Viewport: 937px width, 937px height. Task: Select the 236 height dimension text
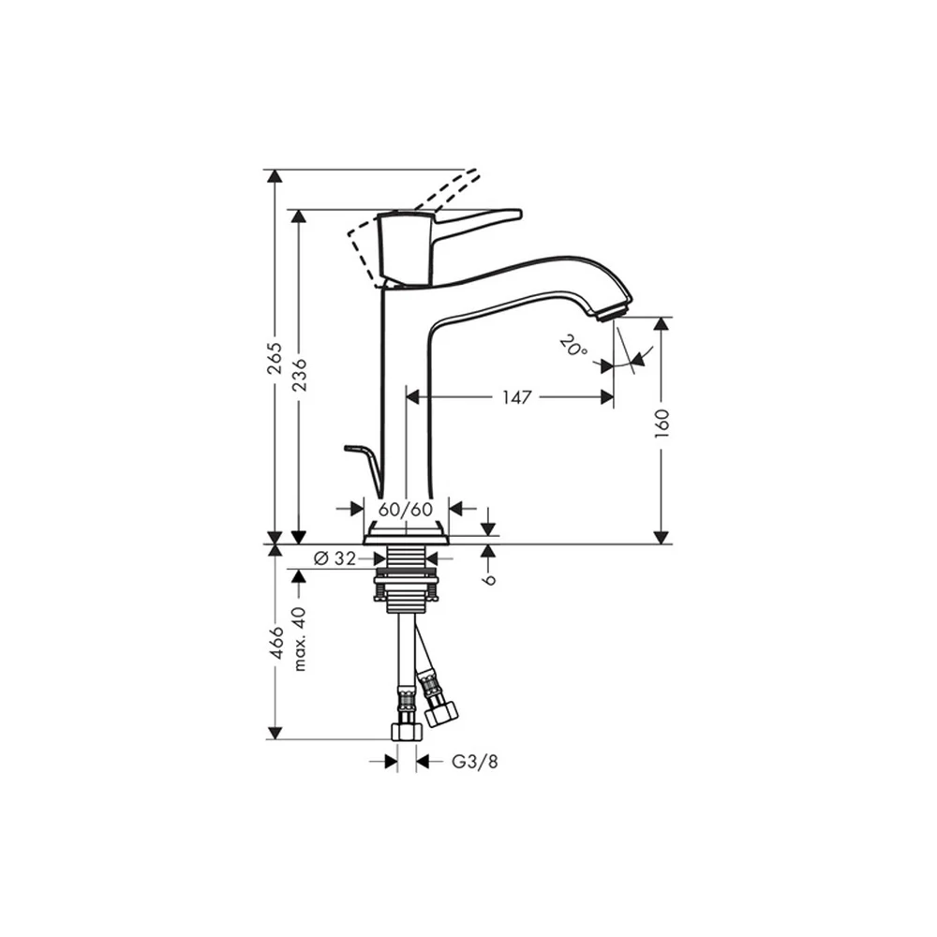coord(299,374)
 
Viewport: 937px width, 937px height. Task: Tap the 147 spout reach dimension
coord(516,396)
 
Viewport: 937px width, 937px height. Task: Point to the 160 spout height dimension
coord(661,424)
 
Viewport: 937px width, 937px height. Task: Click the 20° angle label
coord(574,346)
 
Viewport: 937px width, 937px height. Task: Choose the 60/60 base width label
coord(406,509)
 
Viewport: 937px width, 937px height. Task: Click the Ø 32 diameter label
coord(335,558)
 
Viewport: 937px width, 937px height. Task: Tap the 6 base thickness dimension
coord(489,578)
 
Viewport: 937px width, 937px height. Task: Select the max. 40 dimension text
coord(300,639)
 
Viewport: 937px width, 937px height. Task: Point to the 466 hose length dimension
coord(275,643)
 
